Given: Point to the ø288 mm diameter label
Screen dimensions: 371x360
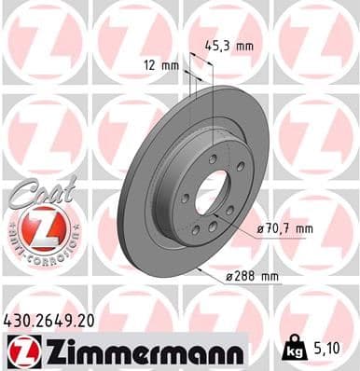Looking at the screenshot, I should (256, 276).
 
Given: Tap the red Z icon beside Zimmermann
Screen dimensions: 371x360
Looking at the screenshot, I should (18, 351).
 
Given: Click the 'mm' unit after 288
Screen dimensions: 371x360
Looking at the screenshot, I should (270, 276).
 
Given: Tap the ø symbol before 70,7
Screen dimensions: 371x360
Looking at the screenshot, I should (261, 227).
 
